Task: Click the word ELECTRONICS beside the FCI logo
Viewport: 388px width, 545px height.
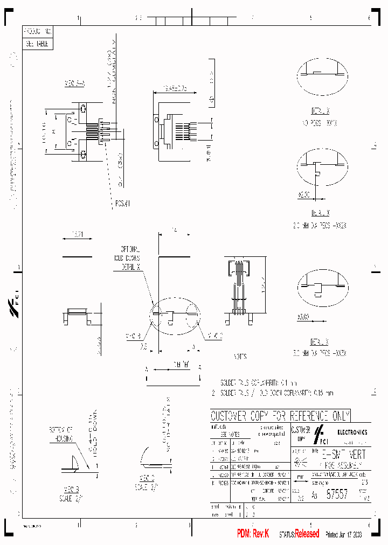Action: tap(352, 432)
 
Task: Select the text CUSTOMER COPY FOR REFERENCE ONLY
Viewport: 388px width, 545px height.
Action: tap(280, 416)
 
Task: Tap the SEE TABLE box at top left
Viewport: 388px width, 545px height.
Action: tap(38, 44)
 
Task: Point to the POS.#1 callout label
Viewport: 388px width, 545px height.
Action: tap(122, 203)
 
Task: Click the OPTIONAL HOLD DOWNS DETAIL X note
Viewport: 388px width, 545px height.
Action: tap(130, 258)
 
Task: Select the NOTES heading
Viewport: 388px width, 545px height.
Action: tap(240, 357)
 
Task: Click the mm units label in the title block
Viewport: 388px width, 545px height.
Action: tap(300, 477)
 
